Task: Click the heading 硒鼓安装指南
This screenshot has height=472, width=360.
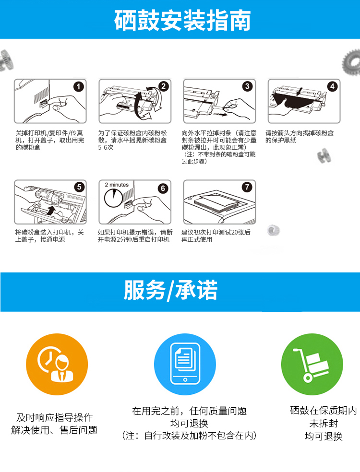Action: [x=182, y=21]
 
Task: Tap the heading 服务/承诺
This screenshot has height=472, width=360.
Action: [x=170, y=290]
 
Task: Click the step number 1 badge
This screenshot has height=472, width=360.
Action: [x=79, y=87]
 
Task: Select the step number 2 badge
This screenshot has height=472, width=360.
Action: [x=163, y=87]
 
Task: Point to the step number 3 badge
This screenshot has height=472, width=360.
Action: [x=247, y=86]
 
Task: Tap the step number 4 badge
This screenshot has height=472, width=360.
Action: [x=332, y=87]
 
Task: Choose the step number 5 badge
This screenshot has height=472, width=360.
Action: [x=79, y=187]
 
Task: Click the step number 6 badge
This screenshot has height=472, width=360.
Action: [x=163, y=189]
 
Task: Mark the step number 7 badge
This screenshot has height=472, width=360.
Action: [x=247, y=187]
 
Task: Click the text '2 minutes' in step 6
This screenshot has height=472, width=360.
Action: [x=117, y=185]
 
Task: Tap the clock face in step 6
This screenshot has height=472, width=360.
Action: [x=113, y=198]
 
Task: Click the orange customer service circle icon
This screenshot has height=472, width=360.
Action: [x=57, y=364]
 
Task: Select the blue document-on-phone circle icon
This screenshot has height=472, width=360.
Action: [x=185, y=364]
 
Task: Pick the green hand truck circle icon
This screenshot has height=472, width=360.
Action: [x=312, y=364]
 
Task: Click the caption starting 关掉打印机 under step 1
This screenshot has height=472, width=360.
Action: [x=50, y=140]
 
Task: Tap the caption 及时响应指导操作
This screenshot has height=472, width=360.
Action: [x=55, y=417]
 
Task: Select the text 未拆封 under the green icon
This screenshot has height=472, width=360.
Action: [x=324, y=423]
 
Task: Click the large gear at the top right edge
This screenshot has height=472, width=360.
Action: [x=351, y=62]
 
